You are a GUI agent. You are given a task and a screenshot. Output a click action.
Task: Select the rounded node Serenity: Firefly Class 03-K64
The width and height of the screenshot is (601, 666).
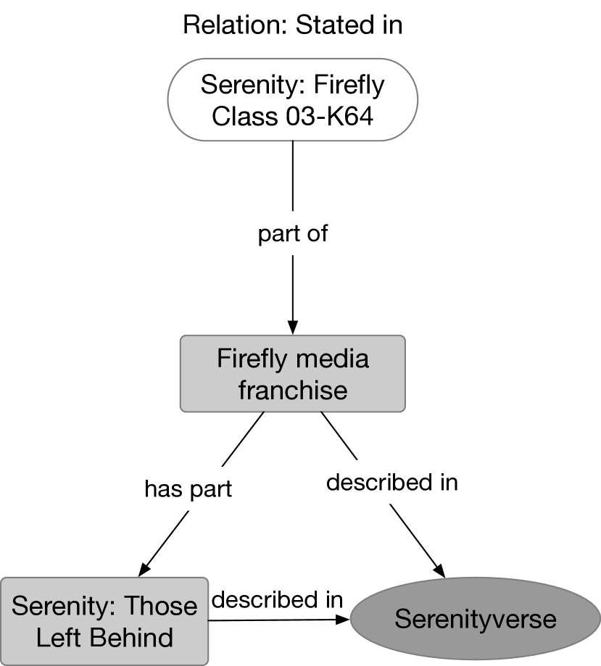[x=292, y=99]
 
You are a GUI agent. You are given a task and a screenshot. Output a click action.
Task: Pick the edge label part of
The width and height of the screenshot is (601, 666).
[x=293, y=234]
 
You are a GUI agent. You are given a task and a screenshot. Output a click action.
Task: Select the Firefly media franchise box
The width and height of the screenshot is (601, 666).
[x=292, y=374]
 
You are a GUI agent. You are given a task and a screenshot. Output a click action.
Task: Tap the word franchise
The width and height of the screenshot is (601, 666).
[x=293, y=391]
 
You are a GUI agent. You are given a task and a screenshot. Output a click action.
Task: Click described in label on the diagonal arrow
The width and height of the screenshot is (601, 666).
[x=391, y=482]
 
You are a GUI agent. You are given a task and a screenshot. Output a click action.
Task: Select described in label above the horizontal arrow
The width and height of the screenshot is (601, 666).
[x=277, y=599]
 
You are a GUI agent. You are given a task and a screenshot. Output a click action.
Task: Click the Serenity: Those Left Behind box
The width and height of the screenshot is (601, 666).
[x=104, y=621]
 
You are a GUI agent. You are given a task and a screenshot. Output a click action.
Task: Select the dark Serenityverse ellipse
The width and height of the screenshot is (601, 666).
[x=475, y=620]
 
